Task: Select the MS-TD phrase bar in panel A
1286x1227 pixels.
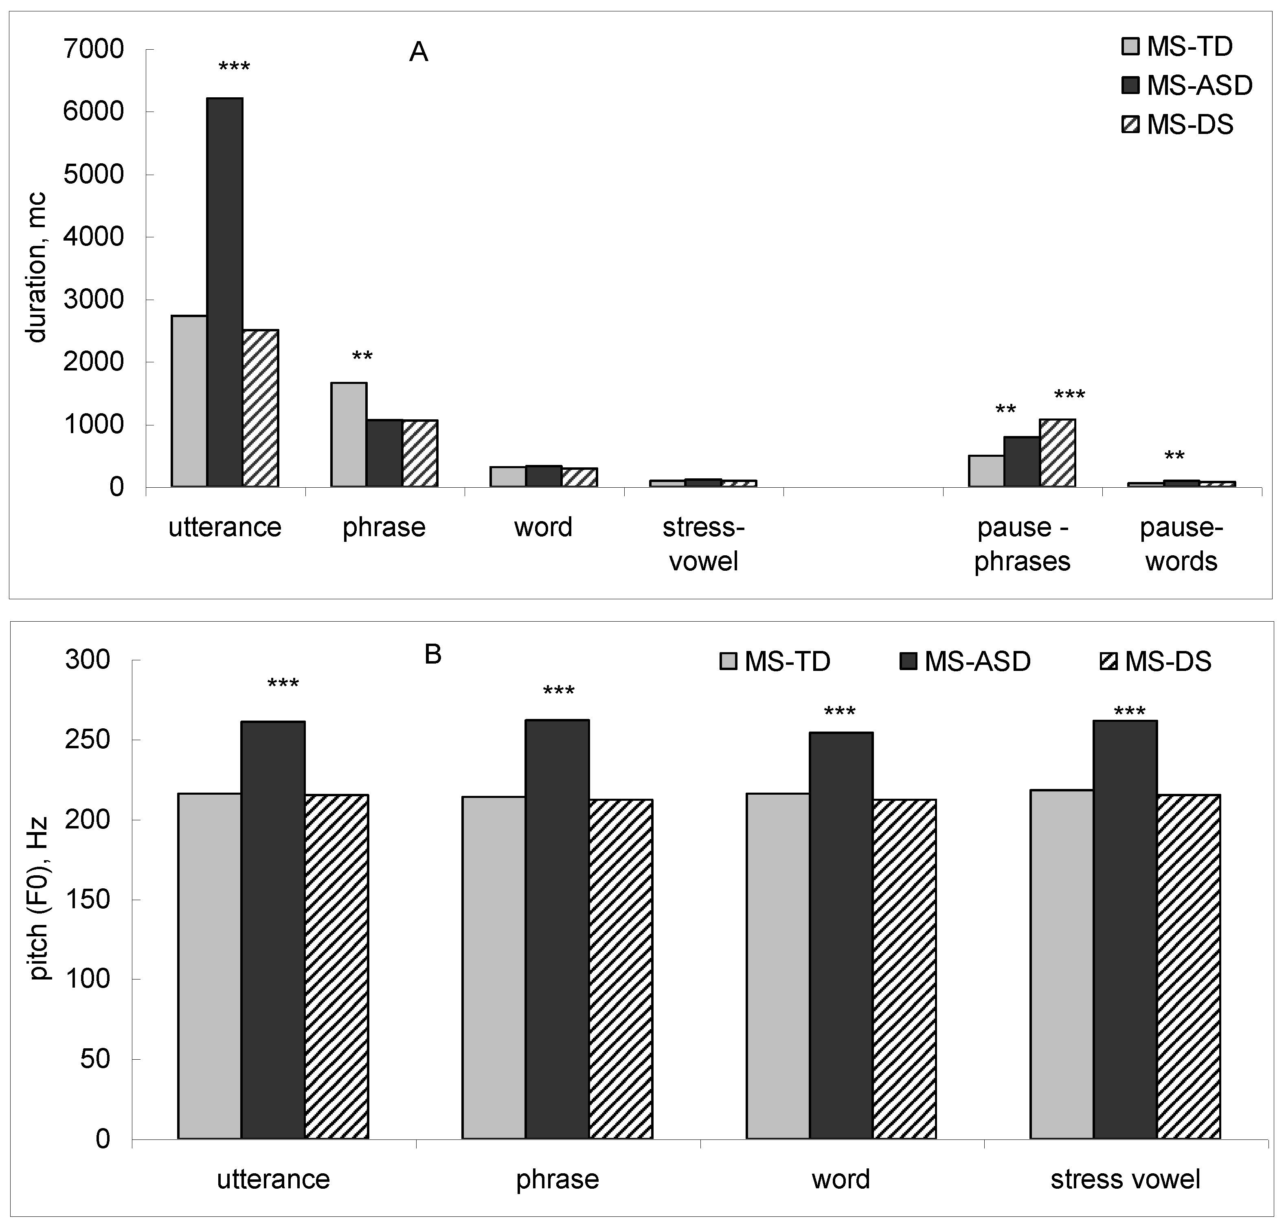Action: pyautogui.click(x=349, y=435)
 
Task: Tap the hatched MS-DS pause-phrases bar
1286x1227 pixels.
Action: pyautogui.click(x=1058, y=453)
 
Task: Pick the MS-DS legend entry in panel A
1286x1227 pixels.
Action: pyautogui.click(x=1177, y=124)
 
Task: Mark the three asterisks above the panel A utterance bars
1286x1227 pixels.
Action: pyautogui.click(x=234, y=67)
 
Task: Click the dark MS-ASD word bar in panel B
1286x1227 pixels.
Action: pyautogui.click(x=841, y=935)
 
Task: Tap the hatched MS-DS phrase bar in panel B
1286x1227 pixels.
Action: pyautogui.click(x=621, y=968)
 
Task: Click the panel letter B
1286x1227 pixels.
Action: pyautogui.click(x=433, y=655)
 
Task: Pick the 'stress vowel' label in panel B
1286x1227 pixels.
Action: pyautogui.click(x=1126, y=1179)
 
